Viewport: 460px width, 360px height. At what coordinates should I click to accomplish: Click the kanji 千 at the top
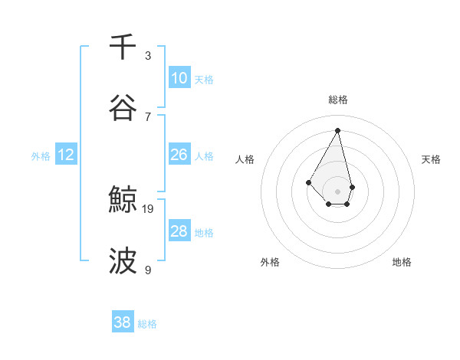123,47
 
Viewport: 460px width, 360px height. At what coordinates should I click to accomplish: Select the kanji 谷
123,107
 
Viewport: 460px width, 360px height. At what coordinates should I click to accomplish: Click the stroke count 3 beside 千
148,55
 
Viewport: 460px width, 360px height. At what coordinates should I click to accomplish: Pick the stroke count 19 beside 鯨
149,208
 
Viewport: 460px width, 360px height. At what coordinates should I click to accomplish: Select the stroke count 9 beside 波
148,270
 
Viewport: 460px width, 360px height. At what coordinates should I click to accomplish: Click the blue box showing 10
179,78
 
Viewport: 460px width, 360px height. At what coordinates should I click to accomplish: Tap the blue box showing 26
179,155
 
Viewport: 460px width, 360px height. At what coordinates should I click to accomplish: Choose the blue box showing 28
179,231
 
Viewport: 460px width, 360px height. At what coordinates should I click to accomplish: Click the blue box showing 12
66,155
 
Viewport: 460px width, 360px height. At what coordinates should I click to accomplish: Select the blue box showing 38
123,322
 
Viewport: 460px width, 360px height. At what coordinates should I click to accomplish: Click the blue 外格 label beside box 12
41,156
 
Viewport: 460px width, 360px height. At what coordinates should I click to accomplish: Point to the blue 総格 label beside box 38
147,324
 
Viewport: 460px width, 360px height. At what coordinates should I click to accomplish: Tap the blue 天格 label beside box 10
204,80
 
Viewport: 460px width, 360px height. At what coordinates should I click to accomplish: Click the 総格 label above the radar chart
338,100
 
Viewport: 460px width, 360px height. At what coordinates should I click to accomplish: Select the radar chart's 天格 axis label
431,159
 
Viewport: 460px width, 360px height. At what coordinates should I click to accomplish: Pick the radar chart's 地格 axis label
402,262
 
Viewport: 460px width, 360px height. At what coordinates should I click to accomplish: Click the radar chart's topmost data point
337,130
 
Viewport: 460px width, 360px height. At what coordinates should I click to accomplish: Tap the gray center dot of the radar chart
337,191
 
